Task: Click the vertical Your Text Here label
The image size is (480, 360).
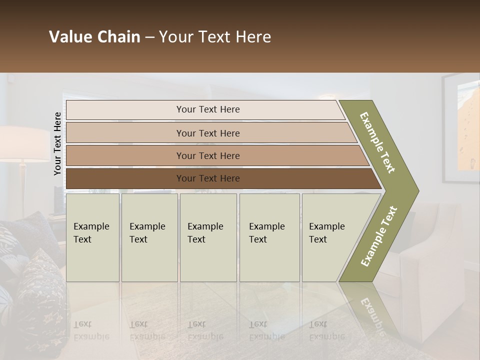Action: click(x=58, y=144)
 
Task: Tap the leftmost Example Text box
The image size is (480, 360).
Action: click(x=93, y=237)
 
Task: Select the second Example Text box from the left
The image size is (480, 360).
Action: click(x=149, y=237)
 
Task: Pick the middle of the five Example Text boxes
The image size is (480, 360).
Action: click(x=208, y=237)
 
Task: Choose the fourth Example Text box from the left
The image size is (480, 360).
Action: click(x=269, y=237)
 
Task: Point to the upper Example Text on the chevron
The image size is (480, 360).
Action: click(x=377, y=142)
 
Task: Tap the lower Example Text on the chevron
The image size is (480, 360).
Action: click(x=379, y=236)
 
